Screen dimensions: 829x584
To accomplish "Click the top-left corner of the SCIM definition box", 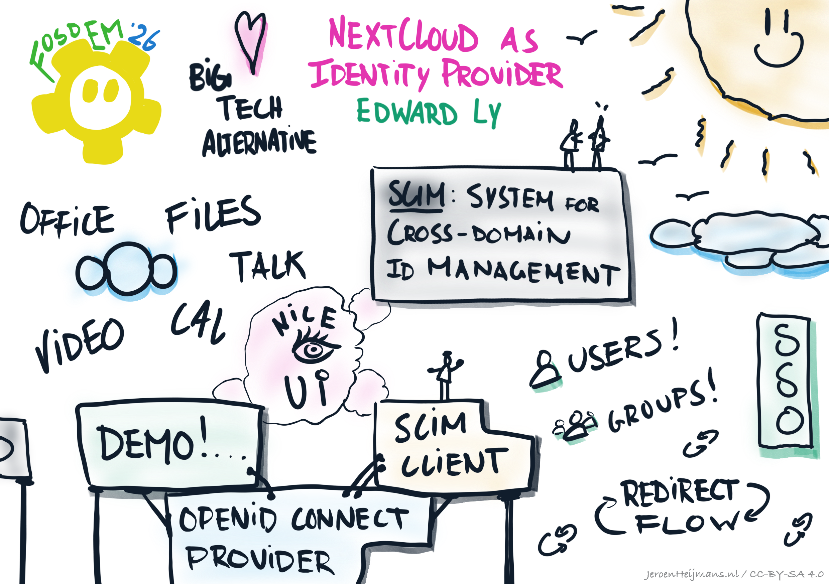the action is click(x=373, y=168).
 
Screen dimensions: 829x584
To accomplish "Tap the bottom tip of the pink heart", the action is click(x=254, y=73).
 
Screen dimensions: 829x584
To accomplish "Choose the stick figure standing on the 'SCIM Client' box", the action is click(x=446, y=376).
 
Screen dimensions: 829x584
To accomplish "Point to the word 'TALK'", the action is click(x=267, y=266).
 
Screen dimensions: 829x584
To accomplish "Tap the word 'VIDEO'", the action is click(x=80, y=345).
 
